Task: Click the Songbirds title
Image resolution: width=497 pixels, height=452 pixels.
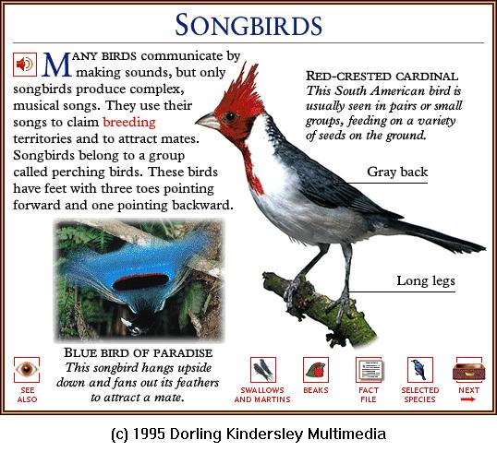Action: [x=248, y=25]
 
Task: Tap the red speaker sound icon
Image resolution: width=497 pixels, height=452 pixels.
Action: [x=25, y=65]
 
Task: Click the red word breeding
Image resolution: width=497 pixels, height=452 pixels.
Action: [x=129, y=123]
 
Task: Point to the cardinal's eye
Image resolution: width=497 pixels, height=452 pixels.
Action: [x=229, y=116]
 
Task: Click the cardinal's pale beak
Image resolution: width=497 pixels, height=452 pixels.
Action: [x=208, y=122]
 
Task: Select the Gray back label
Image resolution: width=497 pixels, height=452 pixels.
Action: [x=397, y=172]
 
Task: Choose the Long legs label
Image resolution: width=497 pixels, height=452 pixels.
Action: [x=426, y=280]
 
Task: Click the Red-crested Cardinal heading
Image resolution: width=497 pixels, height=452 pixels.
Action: [x=382, y=77]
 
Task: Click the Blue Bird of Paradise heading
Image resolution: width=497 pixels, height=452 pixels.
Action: [x=139, y=352]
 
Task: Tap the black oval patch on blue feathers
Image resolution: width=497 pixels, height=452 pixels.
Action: [x=141, y=281]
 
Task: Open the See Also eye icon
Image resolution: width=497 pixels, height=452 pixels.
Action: [x=27, y=370]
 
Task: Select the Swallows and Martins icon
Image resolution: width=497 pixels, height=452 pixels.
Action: [x=262, y=370]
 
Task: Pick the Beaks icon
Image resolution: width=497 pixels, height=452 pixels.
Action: [x=316, y=370]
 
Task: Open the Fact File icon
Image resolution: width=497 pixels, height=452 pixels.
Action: [x=369, y=370]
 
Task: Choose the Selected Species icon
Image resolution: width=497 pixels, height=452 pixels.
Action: [x=420, y=370]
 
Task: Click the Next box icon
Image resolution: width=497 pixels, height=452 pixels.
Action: [x=468, y=370]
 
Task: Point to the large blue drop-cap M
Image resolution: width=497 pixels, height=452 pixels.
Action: [x=56, y=65]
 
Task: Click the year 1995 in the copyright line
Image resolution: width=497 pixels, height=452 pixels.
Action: [x=149, y=434]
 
